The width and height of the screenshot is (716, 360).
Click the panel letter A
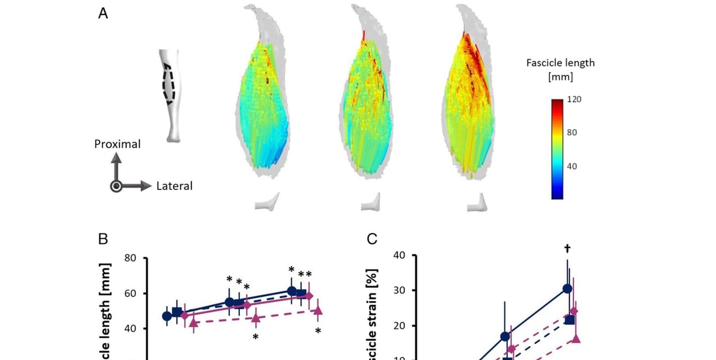(103, 14)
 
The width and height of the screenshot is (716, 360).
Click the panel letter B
(103, 239)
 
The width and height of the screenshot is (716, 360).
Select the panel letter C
(372, 239)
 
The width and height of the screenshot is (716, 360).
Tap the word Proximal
(117, 144)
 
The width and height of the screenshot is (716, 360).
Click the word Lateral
(174, 186)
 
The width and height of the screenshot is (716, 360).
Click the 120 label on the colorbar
(573, 99)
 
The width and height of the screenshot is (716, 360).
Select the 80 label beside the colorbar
(571, 132)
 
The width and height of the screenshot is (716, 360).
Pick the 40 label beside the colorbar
(571, 166)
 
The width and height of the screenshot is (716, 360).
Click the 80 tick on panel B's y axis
(131, 259)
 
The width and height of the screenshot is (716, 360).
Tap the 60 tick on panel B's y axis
(131, 294)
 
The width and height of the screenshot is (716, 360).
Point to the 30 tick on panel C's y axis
(399, 291)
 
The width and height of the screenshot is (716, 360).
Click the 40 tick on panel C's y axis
(399, 256)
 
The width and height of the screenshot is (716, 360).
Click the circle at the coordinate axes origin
(117, 186)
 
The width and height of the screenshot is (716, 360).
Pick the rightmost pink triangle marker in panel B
(318, 310)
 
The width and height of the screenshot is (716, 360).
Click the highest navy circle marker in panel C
(567, 288)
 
